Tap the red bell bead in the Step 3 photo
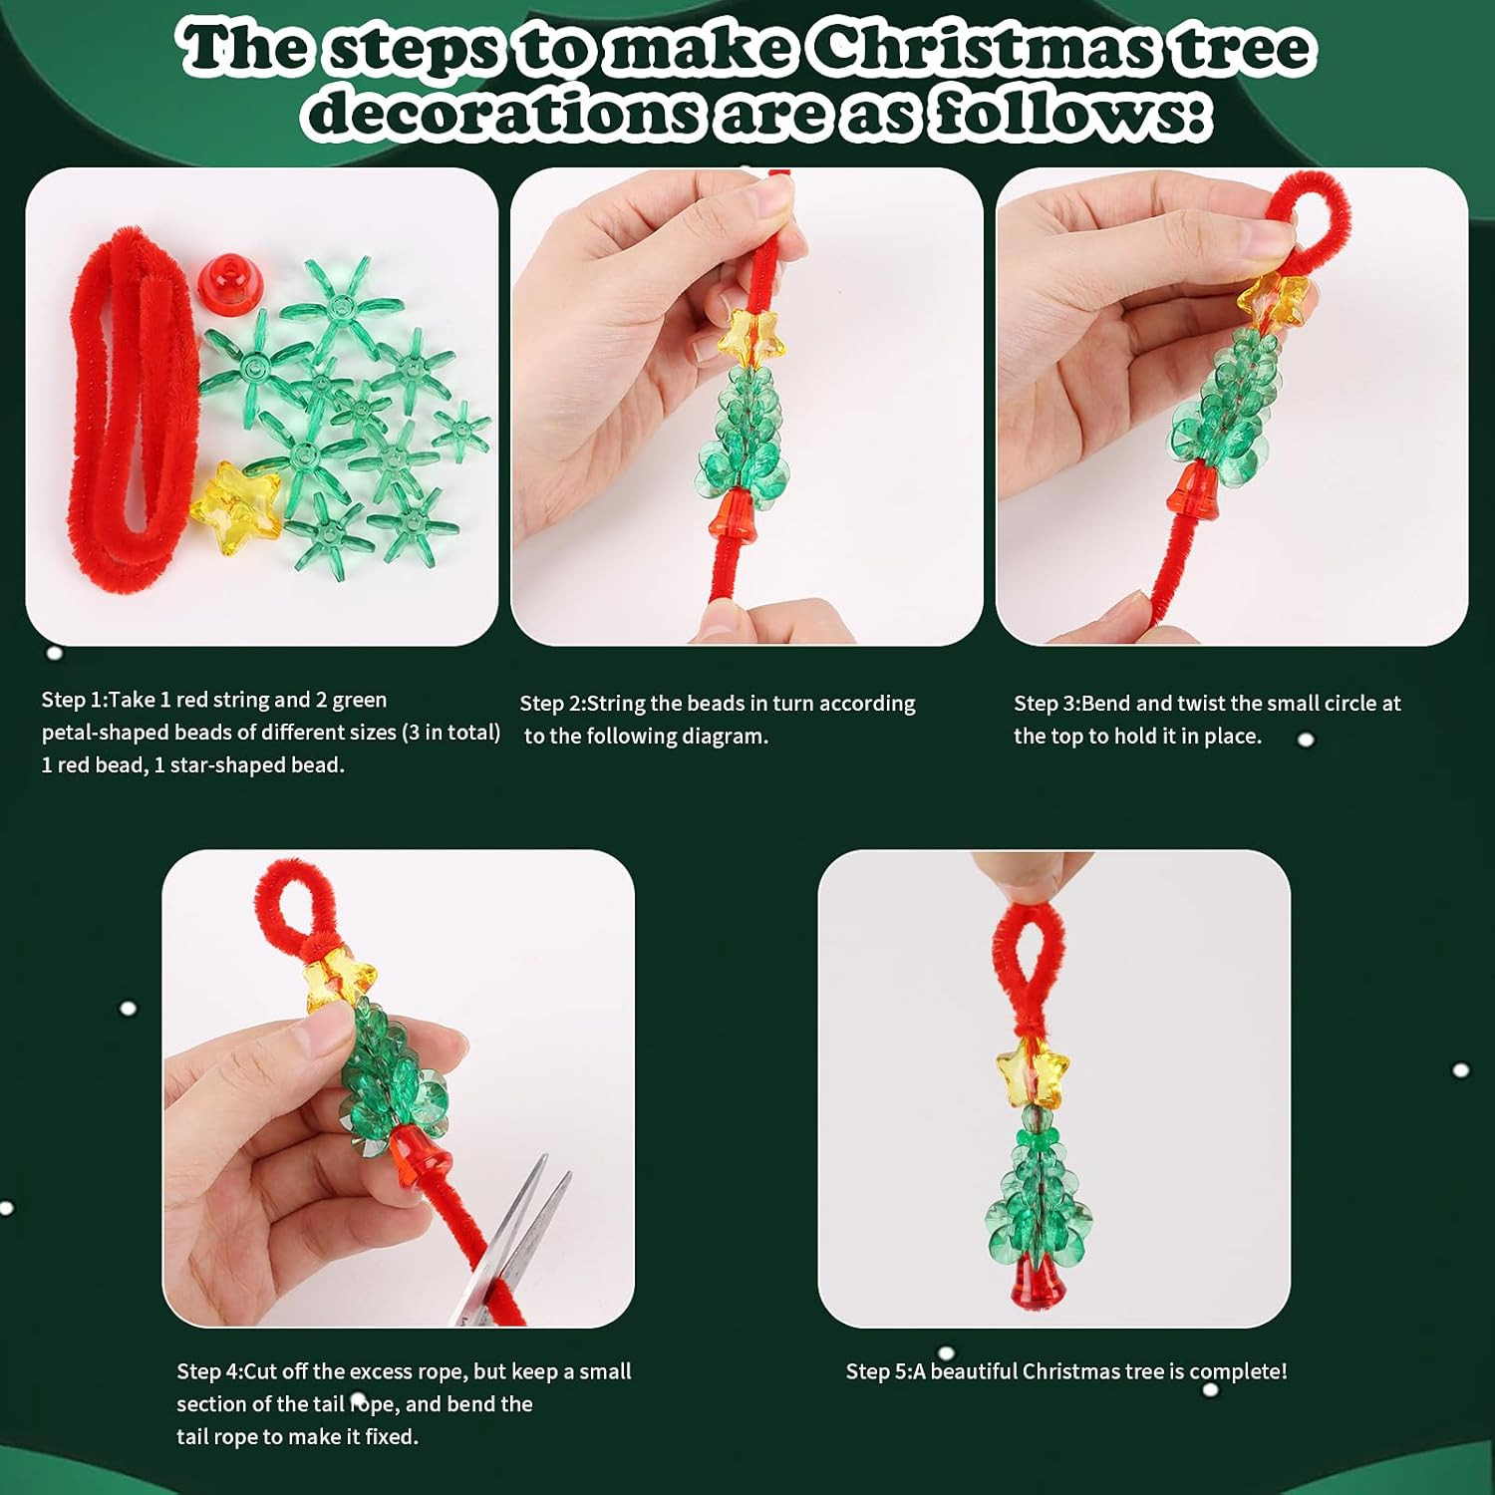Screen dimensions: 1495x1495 point(1187,493)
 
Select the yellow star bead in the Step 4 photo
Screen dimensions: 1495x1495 point(341,980)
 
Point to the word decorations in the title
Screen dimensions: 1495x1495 point(504,112)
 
